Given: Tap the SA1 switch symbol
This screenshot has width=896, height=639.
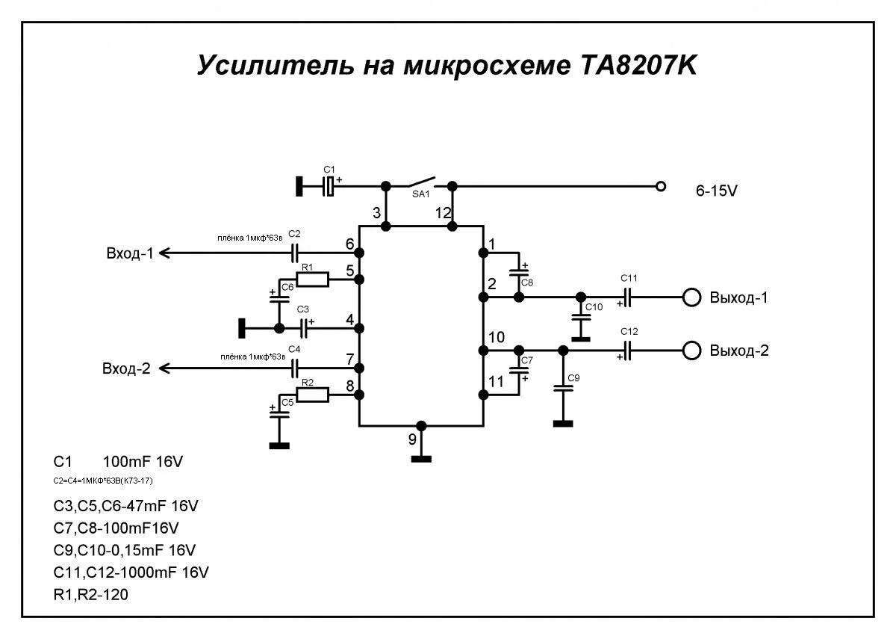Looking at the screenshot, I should point(420,182).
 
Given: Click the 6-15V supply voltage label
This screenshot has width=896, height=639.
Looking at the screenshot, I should point(717,191).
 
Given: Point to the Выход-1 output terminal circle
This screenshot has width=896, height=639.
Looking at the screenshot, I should point(692,297).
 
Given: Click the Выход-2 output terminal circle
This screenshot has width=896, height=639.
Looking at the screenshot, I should point(692,351).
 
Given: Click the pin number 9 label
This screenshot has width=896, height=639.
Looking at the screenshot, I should point(412,440).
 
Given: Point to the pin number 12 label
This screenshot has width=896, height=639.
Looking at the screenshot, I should point(444,213).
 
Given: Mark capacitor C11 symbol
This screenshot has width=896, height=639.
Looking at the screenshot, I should point(629,297).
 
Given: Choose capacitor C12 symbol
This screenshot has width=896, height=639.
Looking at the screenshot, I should point(629,351).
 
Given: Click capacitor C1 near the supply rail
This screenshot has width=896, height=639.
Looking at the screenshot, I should point(329,186).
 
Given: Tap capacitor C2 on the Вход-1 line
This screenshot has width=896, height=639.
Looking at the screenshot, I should point(294,253).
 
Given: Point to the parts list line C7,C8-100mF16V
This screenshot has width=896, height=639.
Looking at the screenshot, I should point(116,528).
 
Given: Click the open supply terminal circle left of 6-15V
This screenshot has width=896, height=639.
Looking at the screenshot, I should point(660,186).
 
